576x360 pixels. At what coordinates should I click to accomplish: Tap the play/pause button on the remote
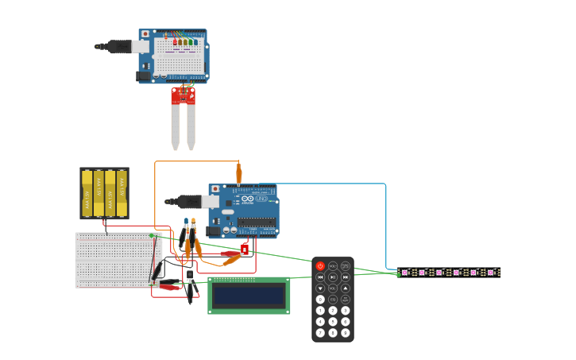tap(333, 277)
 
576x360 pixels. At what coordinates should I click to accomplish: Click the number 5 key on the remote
tap(333, 322)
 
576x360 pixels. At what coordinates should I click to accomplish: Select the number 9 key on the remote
tap(346, 333)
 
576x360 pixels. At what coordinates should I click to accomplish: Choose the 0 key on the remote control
tap(320, 300)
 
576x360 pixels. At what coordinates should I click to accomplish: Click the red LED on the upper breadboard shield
tap(175, 42)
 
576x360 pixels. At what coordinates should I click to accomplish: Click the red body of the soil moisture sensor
tap(183, 96)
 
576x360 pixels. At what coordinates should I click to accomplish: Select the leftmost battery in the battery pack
tap(87, 193)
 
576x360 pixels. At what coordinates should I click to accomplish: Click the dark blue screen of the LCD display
tap(249, 296)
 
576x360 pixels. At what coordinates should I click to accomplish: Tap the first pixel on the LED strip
tap(404, 273)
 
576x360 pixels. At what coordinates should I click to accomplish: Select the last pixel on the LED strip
tap(492, 273)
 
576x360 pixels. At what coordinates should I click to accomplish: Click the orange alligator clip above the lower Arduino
tap(238, 172)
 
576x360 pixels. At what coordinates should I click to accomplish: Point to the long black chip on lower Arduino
tap(257, 222)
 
